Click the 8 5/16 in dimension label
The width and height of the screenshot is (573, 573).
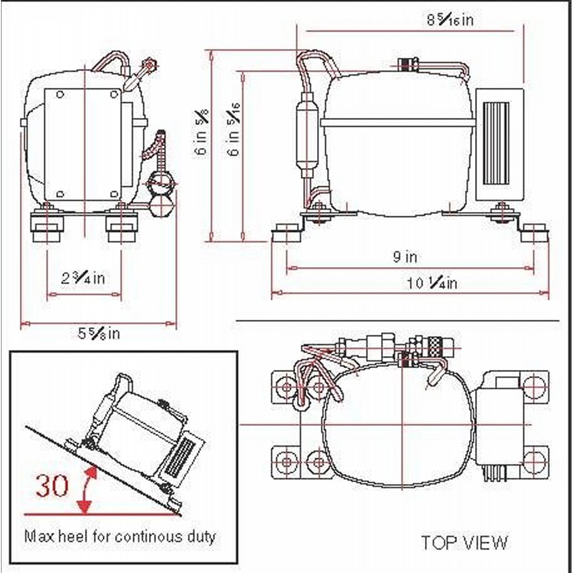[450, 20]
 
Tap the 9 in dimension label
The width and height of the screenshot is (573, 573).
[405, 257]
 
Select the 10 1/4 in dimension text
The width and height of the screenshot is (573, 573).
[432, 283]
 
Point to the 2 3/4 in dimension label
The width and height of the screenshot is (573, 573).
[83, 278]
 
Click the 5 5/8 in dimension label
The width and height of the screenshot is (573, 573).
[99, 334]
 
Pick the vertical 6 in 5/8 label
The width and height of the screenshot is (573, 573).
[202, 132]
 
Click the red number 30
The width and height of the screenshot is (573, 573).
[52, 486]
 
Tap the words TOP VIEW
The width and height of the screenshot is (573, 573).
[465, 534]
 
